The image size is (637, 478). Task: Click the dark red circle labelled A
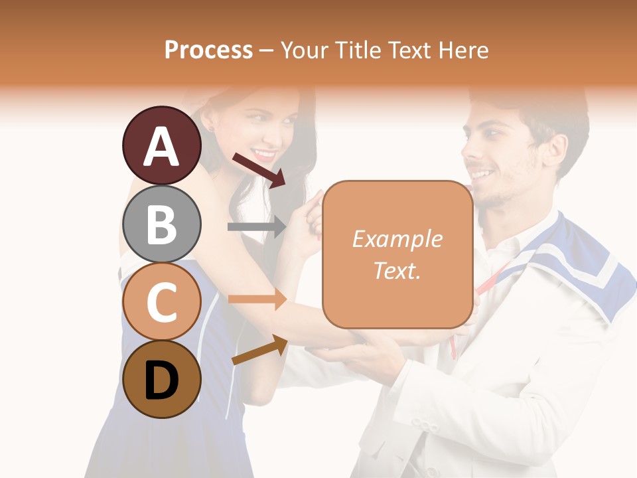161,145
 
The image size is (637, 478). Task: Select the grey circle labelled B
161,224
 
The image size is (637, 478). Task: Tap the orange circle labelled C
161,301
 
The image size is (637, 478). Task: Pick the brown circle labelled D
161,379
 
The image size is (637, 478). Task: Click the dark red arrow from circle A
259,169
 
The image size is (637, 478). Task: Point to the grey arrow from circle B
257,227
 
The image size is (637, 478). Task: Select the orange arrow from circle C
257,299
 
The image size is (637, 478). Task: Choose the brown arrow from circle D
259,350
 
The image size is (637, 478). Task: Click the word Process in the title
208,50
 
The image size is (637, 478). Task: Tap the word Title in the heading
359,50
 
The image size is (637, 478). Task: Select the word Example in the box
397,239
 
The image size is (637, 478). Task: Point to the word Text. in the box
397,270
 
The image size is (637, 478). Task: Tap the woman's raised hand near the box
305,222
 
